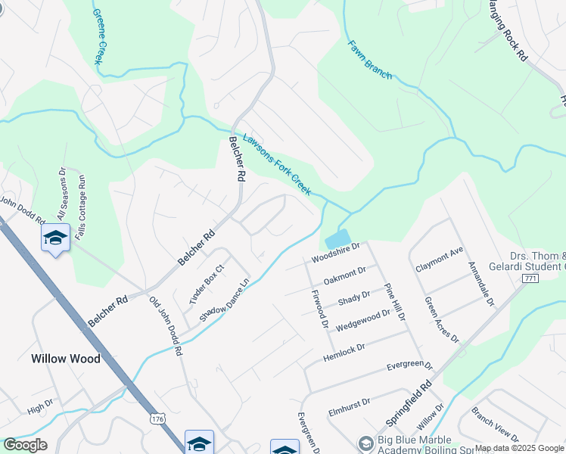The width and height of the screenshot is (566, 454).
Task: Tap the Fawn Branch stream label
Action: [369, 60]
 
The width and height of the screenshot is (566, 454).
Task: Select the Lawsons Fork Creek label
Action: [277, 165]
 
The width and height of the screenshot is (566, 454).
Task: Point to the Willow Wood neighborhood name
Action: [65, 359]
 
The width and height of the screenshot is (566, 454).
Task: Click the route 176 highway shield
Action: [157, 418]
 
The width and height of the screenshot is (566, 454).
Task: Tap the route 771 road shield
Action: [530, 279]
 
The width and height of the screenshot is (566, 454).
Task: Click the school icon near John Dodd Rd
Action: [55, 238]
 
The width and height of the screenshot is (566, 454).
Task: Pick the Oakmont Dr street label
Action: [344, 275]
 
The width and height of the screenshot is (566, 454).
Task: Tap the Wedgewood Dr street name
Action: [363, 319]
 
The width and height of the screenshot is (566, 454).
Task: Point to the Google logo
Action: [25, 445]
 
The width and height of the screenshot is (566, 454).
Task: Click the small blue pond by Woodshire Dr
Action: [337, 239]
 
